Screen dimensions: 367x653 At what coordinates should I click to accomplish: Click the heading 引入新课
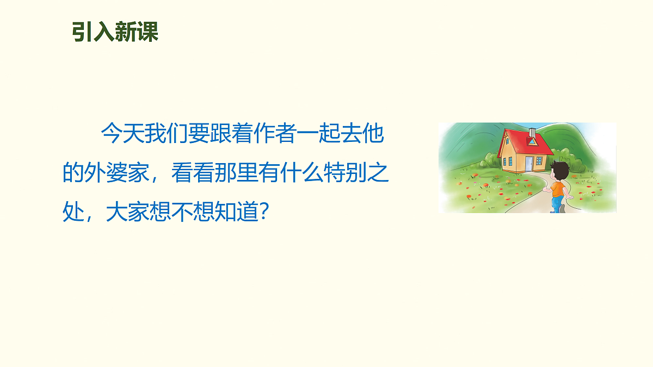115,33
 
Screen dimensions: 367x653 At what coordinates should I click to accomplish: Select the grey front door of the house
529,163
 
